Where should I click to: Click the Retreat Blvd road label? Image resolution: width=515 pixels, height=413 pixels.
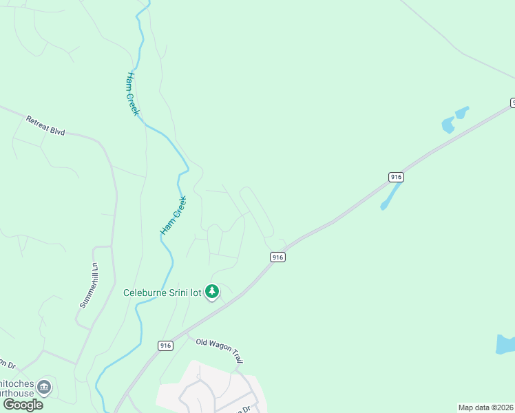(45, 125)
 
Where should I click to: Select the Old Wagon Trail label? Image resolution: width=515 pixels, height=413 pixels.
(220, 350)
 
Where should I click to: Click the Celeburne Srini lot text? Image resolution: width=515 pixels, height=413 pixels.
(162, 293)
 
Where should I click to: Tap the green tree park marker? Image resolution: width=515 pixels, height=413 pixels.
(212, 293)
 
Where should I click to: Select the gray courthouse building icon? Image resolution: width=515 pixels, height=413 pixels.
(45, 387)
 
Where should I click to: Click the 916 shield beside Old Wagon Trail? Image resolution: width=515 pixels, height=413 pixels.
(165, 346)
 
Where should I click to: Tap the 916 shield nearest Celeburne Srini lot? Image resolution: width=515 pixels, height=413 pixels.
(277, 257)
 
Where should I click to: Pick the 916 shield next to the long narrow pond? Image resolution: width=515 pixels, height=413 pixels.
(395, 177)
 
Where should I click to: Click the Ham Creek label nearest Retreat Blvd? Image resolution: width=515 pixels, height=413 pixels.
(133, 94)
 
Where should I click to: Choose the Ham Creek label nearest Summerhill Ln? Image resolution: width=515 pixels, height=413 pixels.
(174, 215)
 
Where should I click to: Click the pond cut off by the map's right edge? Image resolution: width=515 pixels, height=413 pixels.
(505, 344)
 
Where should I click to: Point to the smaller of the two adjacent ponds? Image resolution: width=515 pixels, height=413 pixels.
(462, 111)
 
